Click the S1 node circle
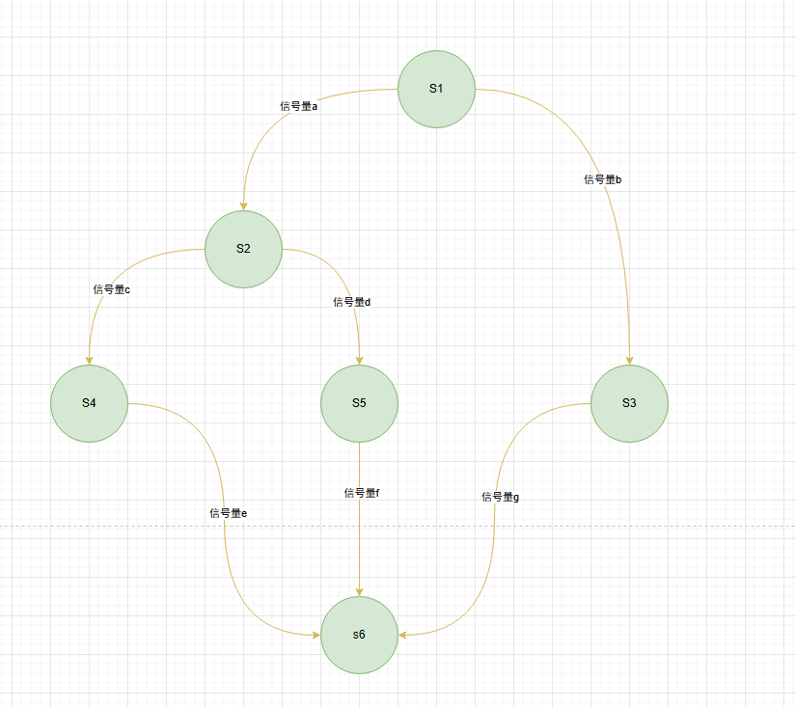point(436,89)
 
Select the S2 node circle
point(244,249)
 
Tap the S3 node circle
point(629,403)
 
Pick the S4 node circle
point(90,403)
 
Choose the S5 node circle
point(360,403)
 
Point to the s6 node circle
point(360,635)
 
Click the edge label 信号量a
point(298,106)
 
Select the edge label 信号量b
point(603,179)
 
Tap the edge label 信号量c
point(112,289)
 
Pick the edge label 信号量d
point(352,302)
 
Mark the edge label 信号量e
point(229,513)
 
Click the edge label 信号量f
point(362,493)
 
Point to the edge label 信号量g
point(500,497)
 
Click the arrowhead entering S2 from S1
point(244,206)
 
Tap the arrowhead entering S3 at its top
point(629,361)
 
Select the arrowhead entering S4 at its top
point(90,361)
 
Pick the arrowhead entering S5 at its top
point(360,361)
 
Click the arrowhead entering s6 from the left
point(316,635)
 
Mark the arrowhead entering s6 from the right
point(402,635)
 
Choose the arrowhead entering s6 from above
point(360,592)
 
